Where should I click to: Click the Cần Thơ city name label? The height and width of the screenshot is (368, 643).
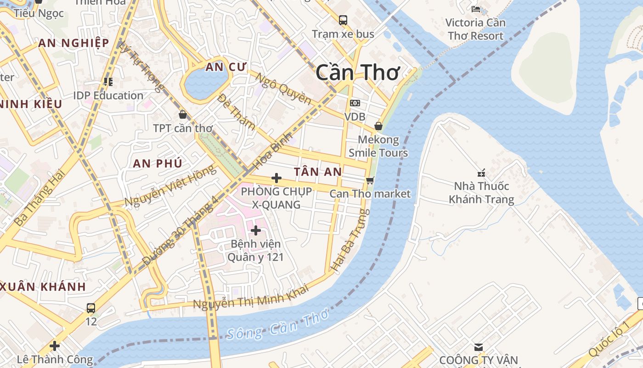point(358,73)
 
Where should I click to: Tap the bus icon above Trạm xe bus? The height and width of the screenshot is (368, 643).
point(343,20)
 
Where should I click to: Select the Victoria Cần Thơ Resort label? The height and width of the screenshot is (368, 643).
point(475,29)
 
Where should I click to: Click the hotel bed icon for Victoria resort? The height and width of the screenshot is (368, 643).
point(476,9)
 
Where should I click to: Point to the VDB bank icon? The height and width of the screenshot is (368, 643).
point(355,103)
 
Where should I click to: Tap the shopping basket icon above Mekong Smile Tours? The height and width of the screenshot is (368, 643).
point(378,126)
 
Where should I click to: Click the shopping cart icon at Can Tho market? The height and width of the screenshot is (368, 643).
point(370,180)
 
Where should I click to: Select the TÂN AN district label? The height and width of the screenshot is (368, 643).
point(318,172)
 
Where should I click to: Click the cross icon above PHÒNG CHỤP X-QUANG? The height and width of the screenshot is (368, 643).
point(276,178)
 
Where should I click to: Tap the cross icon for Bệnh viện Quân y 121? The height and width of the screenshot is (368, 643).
point(256,230)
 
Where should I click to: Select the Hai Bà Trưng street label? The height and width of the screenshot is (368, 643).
point(350,240)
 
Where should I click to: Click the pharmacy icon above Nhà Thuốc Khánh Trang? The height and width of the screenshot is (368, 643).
point(481,173)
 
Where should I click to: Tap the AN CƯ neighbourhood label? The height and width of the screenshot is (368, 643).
point(220,67)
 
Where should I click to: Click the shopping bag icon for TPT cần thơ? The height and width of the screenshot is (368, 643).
point(183,114)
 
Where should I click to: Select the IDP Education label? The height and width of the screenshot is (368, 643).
point(108,96)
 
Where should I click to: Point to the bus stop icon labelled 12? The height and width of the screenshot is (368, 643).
point(91,308)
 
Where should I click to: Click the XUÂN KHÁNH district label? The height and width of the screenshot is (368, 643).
point(43,287)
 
